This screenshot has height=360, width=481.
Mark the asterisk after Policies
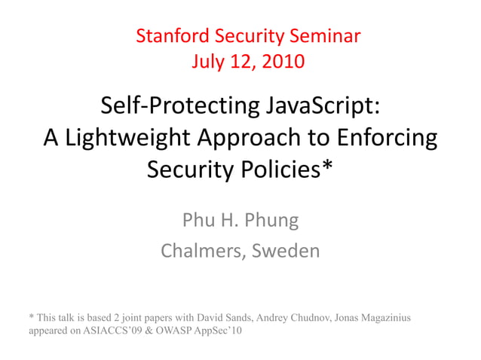click(326, 167)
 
